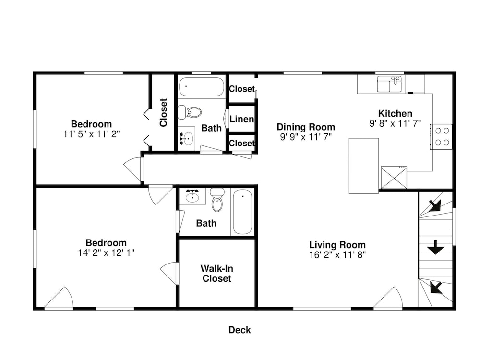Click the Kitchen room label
pos(395,114)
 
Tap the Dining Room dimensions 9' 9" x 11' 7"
pos(306,137)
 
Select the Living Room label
pos(337,245)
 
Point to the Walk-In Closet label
pos(217,274)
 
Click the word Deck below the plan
pos(240,330)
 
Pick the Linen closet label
pos(242,119)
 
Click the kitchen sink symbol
pos(389,84)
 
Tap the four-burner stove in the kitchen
pos(441,136)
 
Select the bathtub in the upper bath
pos(202,86)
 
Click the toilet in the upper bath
pos(190,112)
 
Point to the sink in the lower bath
pos(192,196)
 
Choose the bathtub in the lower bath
pos(243,212)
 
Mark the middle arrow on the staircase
pos(435,247)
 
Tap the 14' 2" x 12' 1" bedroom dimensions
pos(106,253)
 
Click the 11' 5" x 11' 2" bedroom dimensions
pos(91,134)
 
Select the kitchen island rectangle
pos(364,166)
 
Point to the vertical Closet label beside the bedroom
pos(164,112)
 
